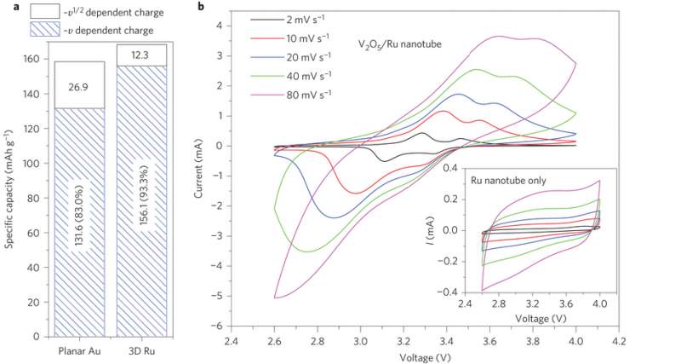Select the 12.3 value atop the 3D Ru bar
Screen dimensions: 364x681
141,55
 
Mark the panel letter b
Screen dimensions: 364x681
200,7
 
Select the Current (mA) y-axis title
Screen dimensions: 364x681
199,172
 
